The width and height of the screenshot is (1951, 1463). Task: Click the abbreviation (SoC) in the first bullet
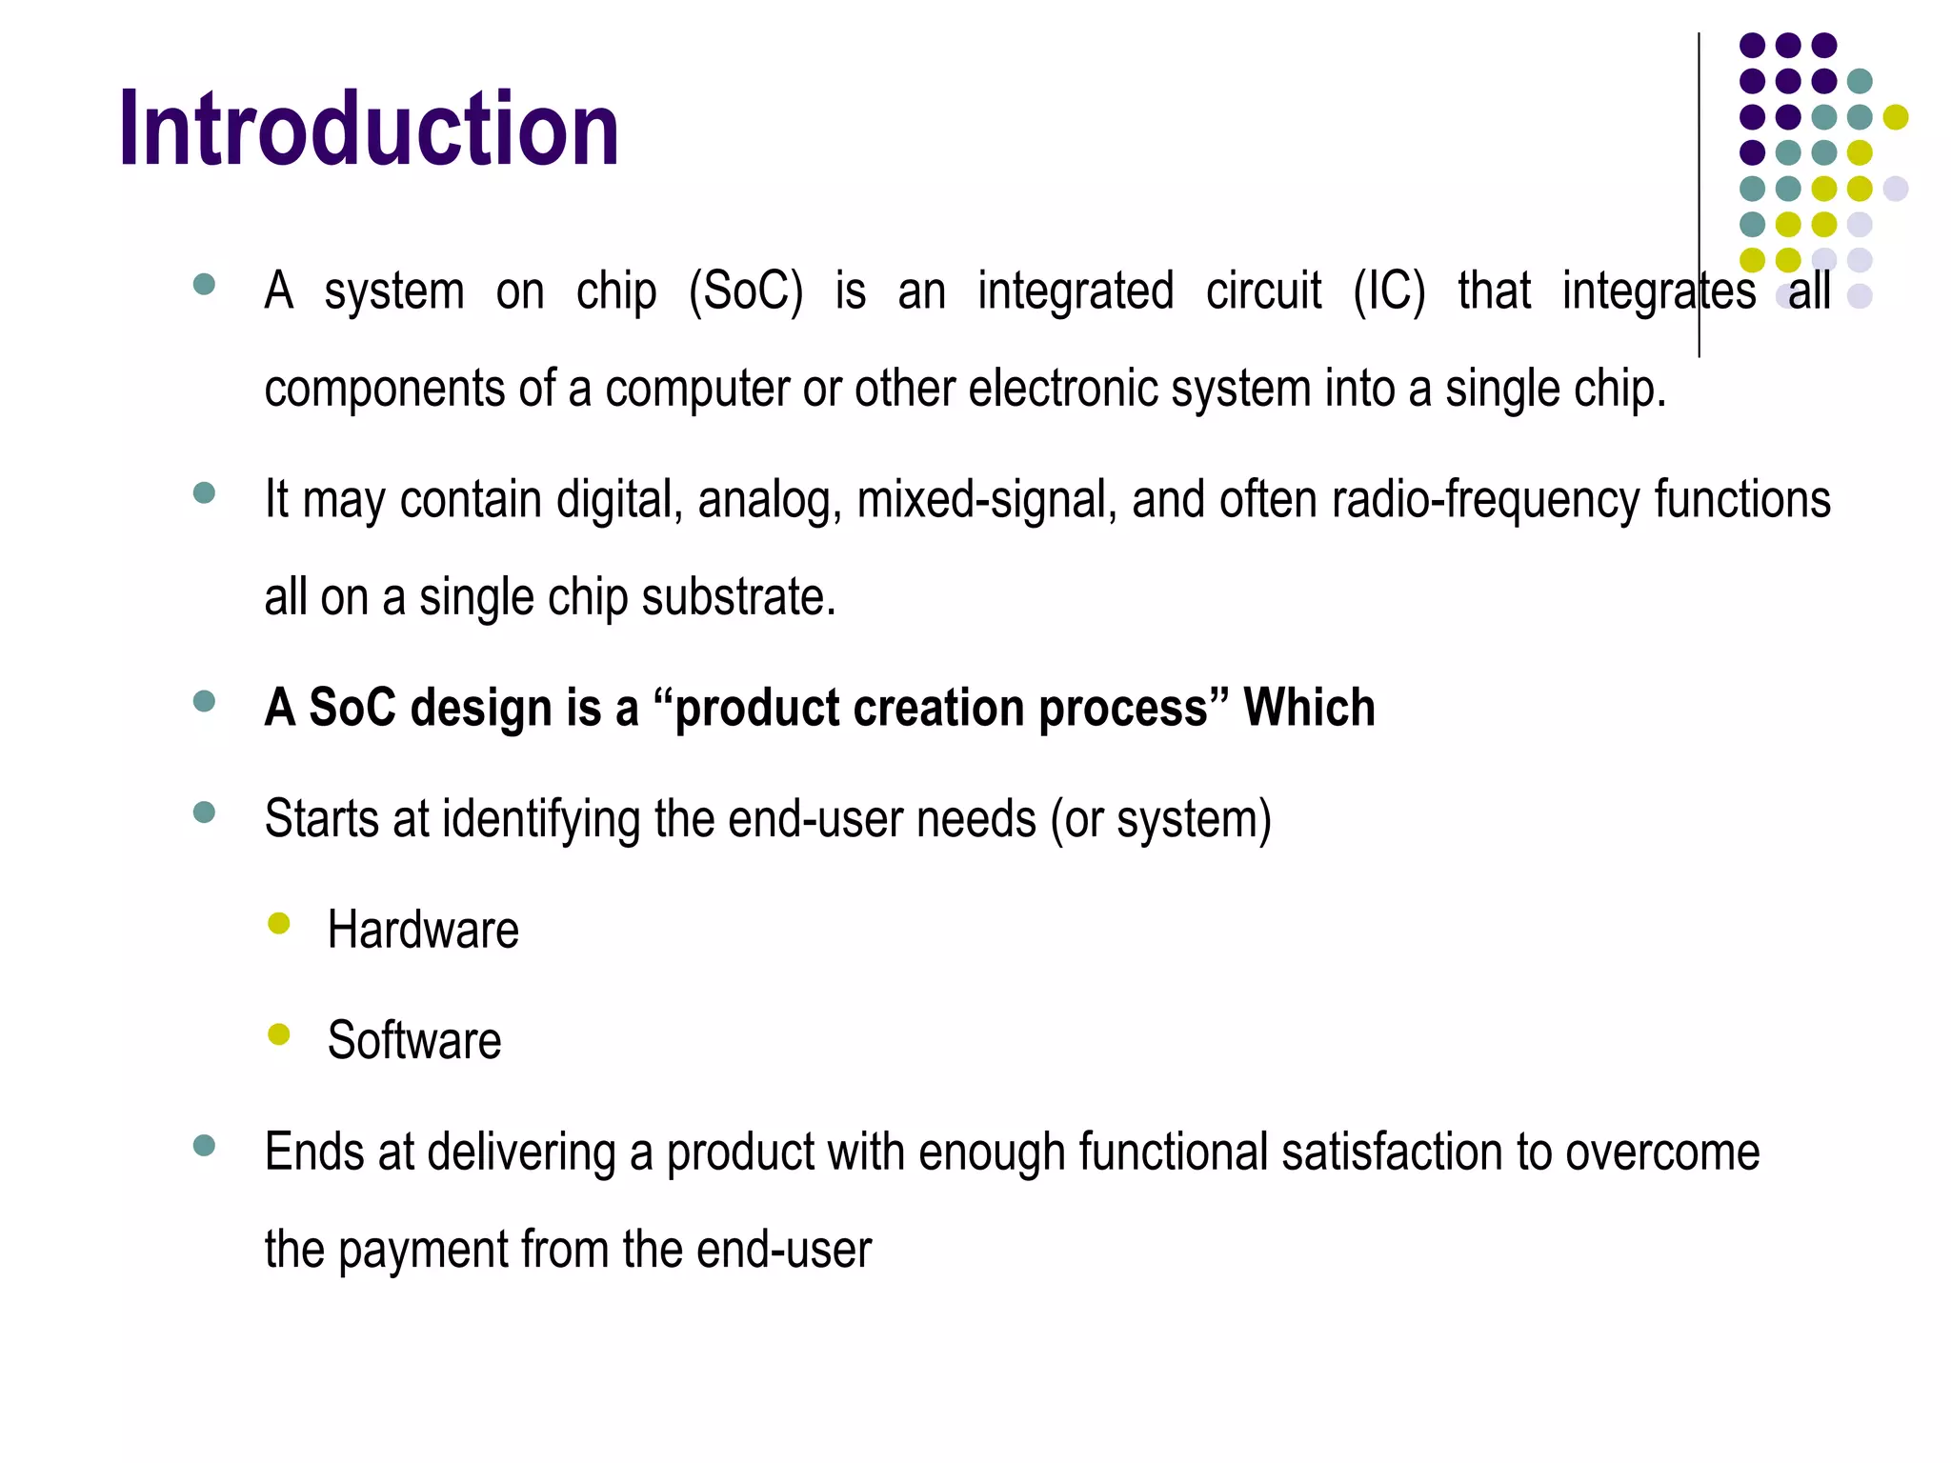(x=746, y=291)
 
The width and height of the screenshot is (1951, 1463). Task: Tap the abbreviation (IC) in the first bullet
(x=1389, y=291)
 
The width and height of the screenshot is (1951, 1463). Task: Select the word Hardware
(x=423, y=930)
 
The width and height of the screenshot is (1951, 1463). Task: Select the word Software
(x=414, y=1040)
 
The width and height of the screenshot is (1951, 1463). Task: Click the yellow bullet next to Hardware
(x=279, y=923)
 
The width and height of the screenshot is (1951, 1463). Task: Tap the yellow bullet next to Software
(x=279, y=1033)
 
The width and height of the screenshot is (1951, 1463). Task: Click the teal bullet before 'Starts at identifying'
(x=204, y=812)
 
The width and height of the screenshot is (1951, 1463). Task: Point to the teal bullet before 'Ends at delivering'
(x=204, y=1145)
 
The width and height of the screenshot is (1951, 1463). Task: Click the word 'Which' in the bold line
(x=1309, y=708)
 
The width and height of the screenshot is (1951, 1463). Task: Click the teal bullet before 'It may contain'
(x=204, y=492)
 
